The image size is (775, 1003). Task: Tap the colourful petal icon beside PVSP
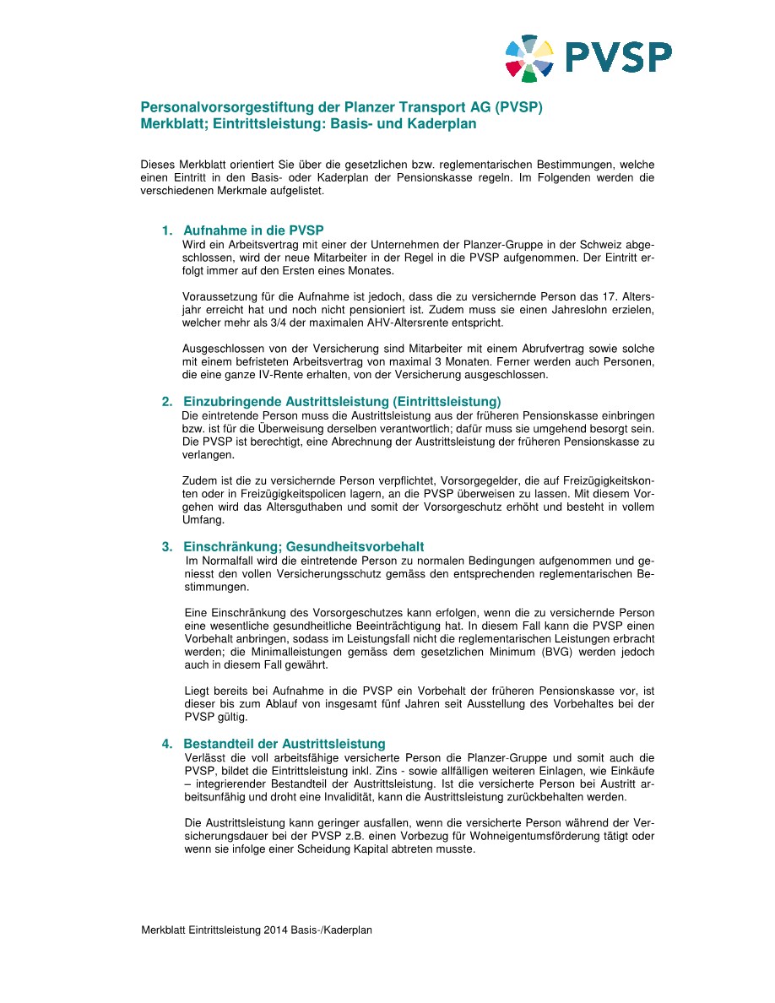(529, 58)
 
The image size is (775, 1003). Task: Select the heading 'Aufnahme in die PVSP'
(253, 230)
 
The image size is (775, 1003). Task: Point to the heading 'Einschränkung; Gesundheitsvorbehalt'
(303, 547)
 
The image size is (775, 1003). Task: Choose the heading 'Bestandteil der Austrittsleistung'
(284, 744)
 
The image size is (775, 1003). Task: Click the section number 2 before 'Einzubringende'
(167, 401)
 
